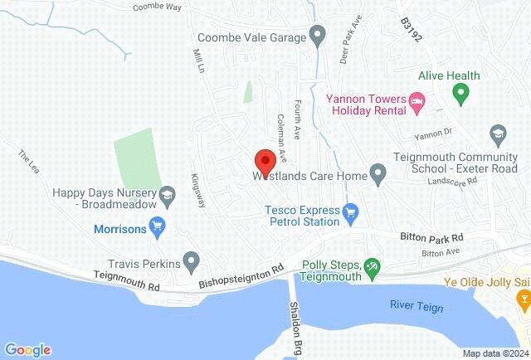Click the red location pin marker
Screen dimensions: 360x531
264,160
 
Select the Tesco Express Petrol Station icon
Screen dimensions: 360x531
350,214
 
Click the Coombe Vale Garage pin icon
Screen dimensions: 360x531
316,36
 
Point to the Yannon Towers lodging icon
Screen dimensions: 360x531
418,104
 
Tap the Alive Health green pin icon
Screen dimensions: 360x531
463,90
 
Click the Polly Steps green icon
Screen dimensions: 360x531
373,265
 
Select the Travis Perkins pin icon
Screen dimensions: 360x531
192,264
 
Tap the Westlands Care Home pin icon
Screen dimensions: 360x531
378,176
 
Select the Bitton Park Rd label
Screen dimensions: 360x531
429,237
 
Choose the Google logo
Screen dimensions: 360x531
27,350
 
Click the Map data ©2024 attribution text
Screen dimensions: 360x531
494,353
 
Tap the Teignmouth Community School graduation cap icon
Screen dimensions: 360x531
498,134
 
